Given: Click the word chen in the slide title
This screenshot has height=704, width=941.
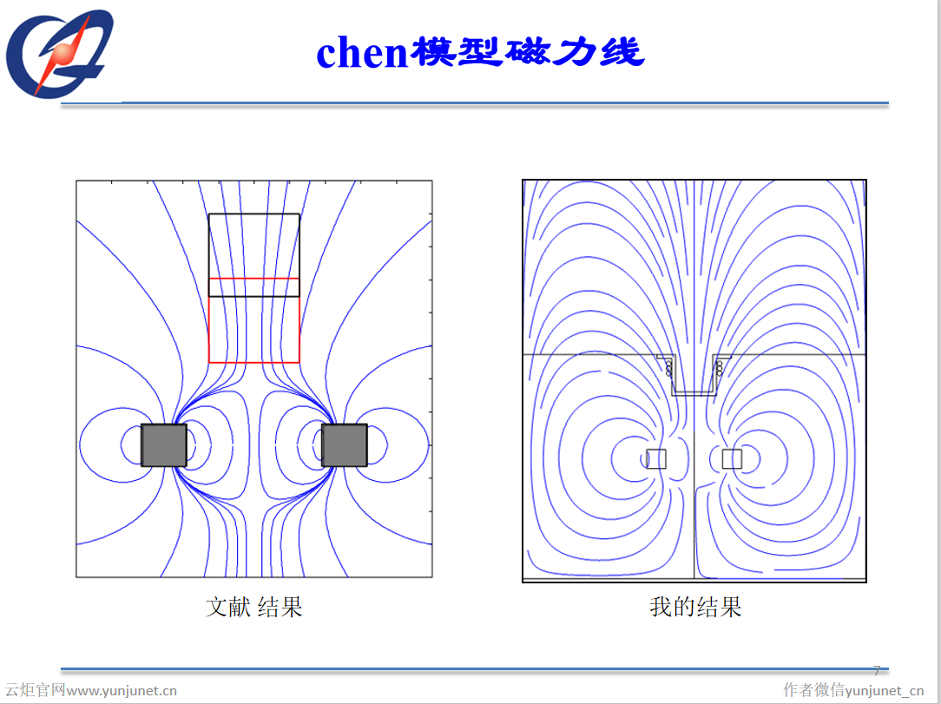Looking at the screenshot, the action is tap(362, 54).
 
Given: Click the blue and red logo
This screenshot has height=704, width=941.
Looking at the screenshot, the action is tap(61, 54).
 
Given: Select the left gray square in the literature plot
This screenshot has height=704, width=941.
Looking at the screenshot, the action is tap(164, 445).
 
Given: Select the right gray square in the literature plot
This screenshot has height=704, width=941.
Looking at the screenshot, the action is tap(345, 445).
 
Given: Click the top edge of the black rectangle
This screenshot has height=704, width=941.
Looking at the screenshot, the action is tap(254, 214).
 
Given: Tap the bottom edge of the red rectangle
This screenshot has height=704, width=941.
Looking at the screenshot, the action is tap(254, 362).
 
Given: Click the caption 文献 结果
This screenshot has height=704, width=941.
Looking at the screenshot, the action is tap(253, 607).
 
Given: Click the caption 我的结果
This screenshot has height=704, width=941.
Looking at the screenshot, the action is tap(695, 607).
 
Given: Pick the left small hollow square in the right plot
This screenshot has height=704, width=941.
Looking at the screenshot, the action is tap(656, 459).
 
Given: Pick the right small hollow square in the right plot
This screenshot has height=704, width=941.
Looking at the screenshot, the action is tap(732, 459).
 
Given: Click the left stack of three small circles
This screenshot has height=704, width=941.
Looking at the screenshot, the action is tap(668, 368).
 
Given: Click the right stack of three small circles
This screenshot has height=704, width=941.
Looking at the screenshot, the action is tap(720, 368).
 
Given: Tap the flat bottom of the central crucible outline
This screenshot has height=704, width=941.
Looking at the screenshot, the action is tap(694, 394).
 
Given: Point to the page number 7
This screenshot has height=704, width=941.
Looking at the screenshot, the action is tap(876, 670).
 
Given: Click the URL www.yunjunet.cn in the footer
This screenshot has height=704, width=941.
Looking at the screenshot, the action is tap(122, 691).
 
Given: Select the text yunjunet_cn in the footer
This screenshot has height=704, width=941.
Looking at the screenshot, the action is tap(885, 691).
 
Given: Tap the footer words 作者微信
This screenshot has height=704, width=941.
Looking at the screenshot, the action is tap(813, 691).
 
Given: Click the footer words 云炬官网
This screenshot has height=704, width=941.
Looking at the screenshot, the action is tap(35, 691).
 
